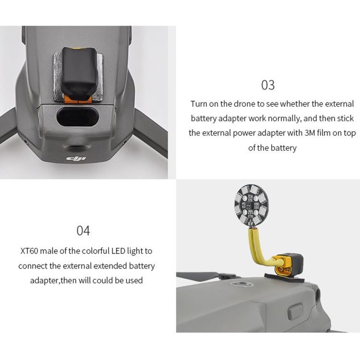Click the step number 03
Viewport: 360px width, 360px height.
tap(268, 85)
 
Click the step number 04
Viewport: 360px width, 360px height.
tap(83, 230)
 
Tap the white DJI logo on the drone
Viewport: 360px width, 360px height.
tap(76, 159)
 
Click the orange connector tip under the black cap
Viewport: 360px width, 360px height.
tap(78, 99)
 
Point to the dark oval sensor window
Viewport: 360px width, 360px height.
tap(78, 117)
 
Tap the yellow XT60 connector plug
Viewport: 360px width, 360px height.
tap(284, 266)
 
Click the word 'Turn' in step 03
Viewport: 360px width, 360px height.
tap(199, 104)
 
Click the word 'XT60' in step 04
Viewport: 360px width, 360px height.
tap(29, 251)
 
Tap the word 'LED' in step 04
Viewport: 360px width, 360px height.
tap(118, 251)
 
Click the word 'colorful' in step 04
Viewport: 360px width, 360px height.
tap(96, 251)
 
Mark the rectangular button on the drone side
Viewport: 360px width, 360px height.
tap(295, 311)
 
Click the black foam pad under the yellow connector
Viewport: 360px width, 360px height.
tap(284, 277)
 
